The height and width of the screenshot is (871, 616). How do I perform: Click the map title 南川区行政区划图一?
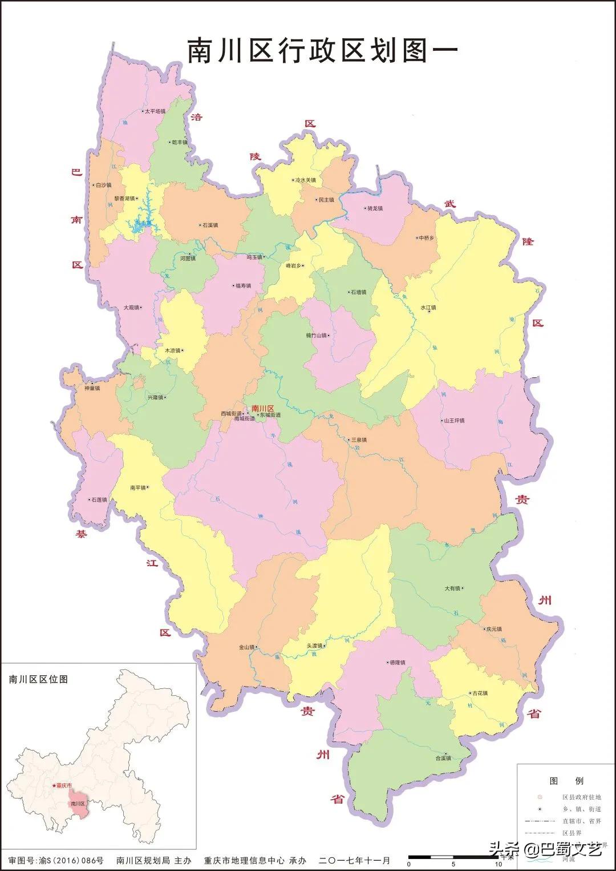[323, 51]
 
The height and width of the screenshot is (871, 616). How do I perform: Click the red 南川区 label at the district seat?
[262, 408]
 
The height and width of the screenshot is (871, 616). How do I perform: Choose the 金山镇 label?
[246, 647]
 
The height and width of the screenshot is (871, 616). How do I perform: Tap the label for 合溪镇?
[443, 758]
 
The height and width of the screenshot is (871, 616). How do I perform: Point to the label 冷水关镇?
[305, 180]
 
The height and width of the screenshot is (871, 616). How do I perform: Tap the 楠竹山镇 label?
[317, 336]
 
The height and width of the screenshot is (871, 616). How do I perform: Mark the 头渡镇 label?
[315, 646]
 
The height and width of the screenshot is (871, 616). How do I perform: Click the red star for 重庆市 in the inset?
[54, 785]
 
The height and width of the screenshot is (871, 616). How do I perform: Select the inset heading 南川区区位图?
[38, 679]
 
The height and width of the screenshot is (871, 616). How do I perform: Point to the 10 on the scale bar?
[498, 864]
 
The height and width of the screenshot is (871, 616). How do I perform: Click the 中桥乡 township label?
[426, 238]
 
